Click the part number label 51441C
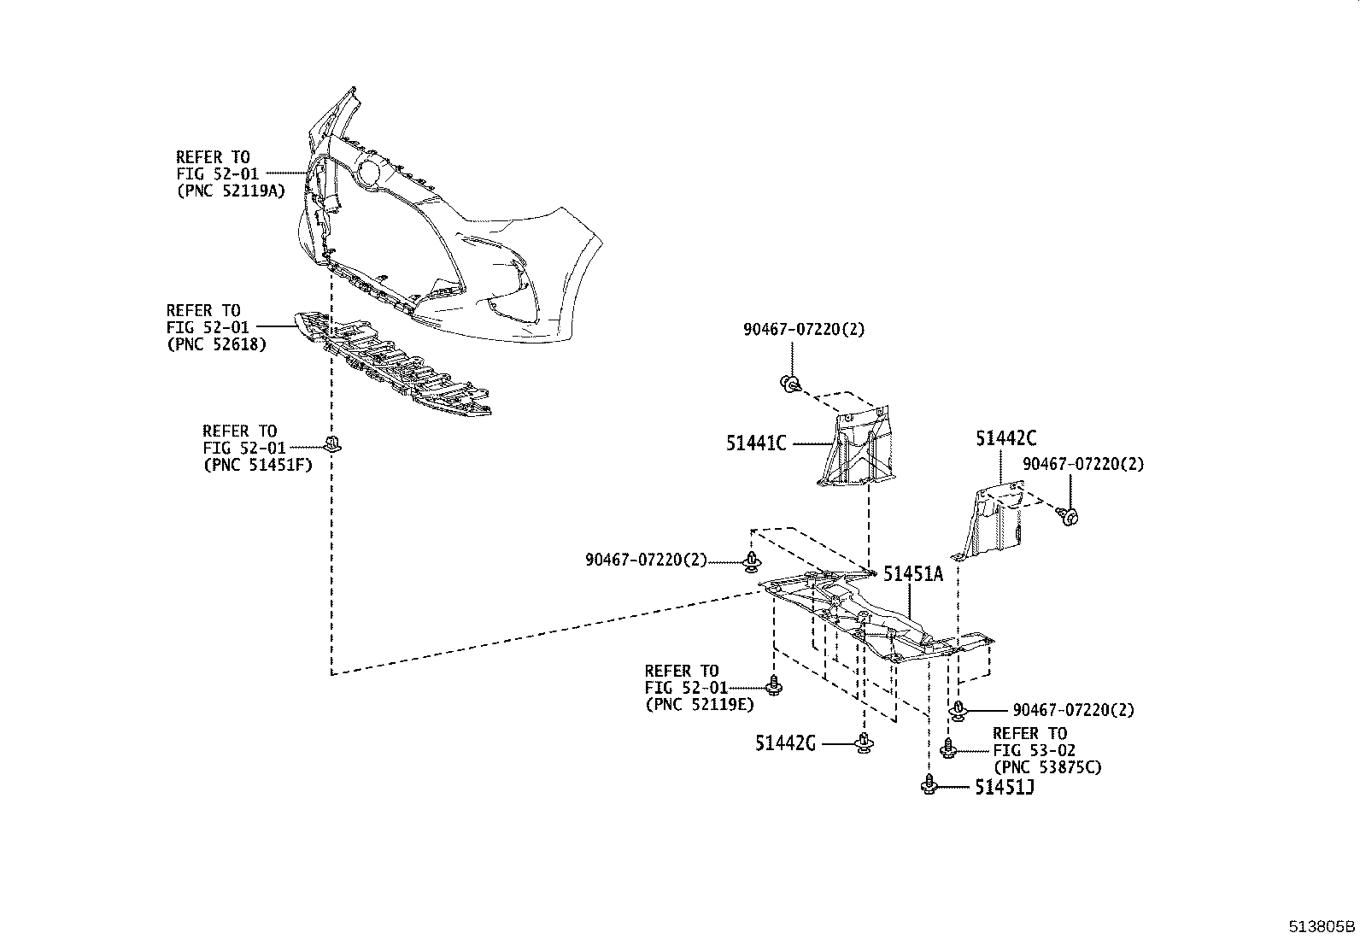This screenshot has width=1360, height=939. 756,443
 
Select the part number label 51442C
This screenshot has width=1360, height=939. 1006,439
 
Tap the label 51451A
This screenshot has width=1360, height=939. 913,574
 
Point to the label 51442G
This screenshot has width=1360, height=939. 784,743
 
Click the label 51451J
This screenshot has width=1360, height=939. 1005,787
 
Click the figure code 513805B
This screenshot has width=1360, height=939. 1322,926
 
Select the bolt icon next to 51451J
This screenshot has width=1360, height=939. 929,784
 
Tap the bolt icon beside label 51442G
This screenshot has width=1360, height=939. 864,742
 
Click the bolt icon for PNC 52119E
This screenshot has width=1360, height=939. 775,685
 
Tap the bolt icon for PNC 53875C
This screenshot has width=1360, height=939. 947,748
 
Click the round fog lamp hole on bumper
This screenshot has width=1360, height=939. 369,172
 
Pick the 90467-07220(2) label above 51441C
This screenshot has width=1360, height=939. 803,329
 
